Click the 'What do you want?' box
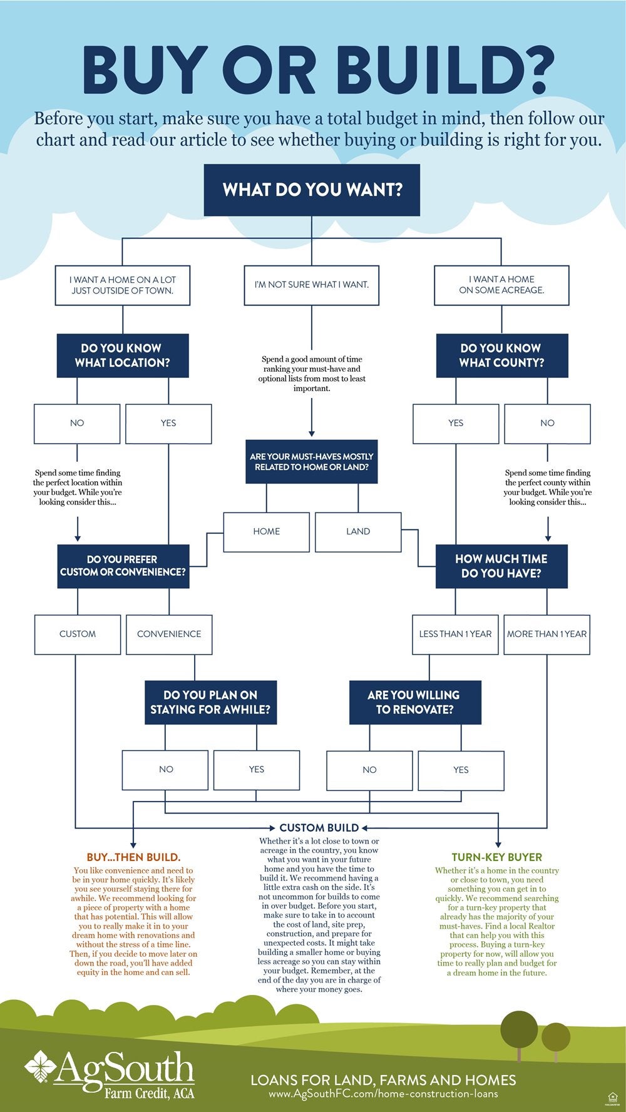(x=312, y=190)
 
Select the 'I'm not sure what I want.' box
(x=312, y=285)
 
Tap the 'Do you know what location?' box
(x=123, y=355)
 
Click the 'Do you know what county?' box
(x=501, y=355)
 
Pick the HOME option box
(x=267, y=531)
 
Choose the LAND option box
(x=358, y=531)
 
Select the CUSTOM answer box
(x=78, y=634)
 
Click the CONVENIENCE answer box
(x=169, y=634)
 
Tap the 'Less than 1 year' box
(x=455, y=634)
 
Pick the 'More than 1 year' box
(x=546, y=634)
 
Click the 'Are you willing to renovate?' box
(x=414, y=702)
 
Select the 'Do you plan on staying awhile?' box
(x=210, y=702)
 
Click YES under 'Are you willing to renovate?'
(x=461, y=770)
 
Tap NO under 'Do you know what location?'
(x=77, y=423)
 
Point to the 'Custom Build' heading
(x=319, y=827)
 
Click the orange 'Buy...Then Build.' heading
(x=133, y=857)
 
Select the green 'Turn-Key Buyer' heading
(x=497, y=857)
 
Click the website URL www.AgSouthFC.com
(x=383, y=1094)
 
